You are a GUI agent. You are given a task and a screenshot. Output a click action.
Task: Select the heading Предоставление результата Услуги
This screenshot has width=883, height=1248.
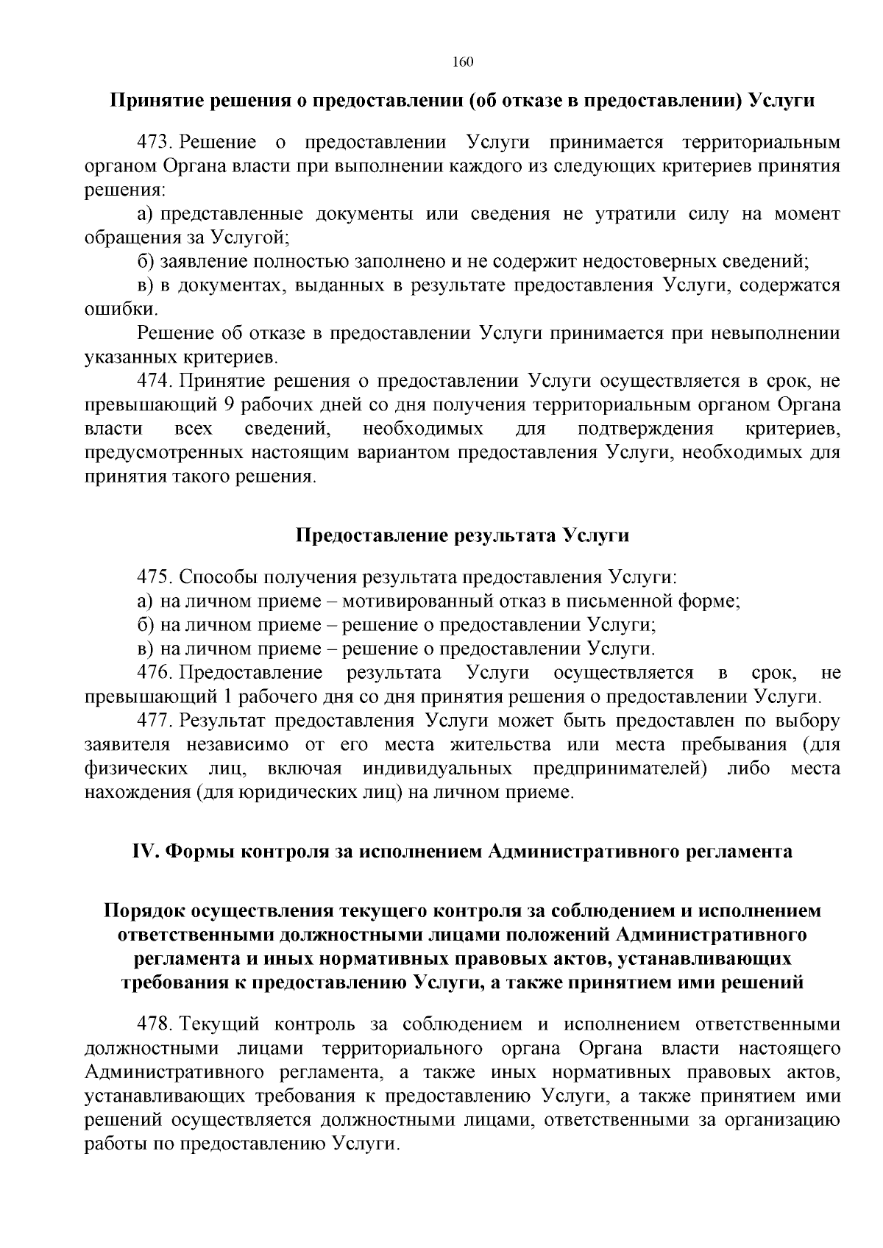[462, 535]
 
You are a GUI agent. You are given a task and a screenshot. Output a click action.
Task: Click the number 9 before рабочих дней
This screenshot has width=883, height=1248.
[227, 405]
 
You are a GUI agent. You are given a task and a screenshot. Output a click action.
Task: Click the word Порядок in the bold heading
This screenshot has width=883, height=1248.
[144, 911]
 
